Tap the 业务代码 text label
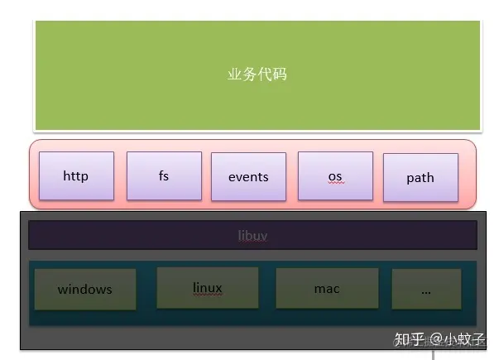point(257,74)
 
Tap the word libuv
point(252,236)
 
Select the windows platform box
point(84,289)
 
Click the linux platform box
point(207,287)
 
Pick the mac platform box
point(327,289)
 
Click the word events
point(248,176)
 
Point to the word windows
point(84,290)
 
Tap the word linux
point(207,288)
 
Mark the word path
point(420,178)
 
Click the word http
point(75,175)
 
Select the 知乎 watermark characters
point(410,340)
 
